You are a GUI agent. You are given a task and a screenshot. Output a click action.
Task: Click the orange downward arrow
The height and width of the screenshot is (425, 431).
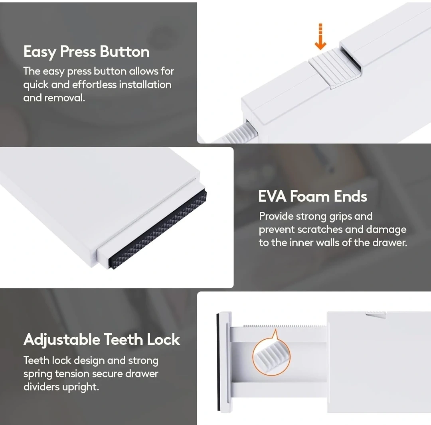coord(320,37)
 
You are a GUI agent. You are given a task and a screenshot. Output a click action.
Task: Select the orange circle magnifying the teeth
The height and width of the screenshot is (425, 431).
coord(271,357)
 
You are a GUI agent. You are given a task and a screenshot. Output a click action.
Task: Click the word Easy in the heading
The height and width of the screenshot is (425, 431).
coord(40,51)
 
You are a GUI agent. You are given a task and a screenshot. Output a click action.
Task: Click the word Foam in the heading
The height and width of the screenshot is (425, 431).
coord(310,197)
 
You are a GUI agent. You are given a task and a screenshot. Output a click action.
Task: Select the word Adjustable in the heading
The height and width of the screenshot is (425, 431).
coord(62,340)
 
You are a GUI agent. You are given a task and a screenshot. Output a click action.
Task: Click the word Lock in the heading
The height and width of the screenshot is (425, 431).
coord(163,340)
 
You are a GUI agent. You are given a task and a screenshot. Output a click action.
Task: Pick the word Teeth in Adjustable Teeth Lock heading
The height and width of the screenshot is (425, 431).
coord(123,340)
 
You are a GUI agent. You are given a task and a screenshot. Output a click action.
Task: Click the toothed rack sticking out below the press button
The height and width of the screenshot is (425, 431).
coord(241,132)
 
